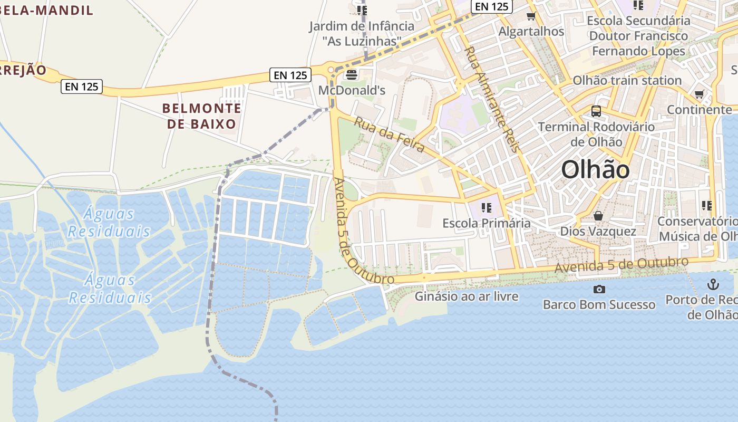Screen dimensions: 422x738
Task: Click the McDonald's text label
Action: [352, 90]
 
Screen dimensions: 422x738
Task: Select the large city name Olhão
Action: [595, 170]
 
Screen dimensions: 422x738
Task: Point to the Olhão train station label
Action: [627, 81]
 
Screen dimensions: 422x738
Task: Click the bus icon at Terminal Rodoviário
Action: [596, 111]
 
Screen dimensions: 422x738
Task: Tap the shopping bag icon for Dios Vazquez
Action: [598, 216]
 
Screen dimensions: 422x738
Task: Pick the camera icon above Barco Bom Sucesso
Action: [599, 289]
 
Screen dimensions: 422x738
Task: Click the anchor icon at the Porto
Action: [713, 285]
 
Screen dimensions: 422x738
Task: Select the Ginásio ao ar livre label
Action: [467, 296]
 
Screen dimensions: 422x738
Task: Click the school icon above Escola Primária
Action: [486, 208]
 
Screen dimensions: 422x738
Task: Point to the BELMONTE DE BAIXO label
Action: [201, 116]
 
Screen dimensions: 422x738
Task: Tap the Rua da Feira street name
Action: [389, 135]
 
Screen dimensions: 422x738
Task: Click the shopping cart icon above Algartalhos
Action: [531, 16]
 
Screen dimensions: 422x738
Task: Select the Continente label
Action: [699, 110]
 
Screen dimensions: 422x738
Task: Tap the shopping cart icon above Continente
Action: [700, 94]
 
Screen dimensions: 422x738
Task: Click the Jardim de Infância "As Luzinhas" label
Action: [362, 33]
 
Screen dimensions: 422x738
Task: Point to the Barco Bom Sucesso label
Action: [599, 305]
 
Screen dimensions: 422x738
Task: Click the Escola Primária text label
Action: [487, 223]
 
